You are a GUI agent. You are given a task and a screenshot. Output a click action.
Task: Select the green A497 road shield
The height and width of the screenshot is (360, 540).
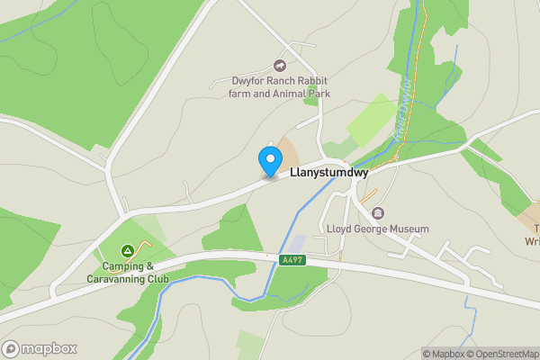(289, 259)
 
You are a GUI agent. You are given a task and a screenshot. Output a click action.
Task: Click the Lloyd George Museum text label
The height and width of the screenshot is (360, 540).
(378, 229)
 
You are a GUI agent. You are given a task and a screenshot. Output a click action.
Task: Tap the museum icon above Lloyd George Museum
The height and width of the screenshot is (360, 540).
(377, 213)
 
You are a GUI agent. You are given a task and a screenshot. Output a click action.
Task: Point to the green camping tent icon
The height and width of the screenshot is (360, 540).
(128, 250)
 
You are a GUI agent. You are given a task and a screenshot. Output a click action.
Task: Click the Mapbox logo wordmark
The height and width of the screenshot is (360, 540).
(50, 349)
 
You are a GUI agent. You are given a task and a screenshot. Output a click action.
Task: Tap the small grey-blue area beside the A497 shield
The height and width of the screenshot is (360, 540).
(296, 245)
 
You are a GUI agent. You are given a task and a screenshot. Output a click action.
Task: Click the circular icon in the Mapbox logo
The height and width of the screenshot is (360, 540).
(13, 349)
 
